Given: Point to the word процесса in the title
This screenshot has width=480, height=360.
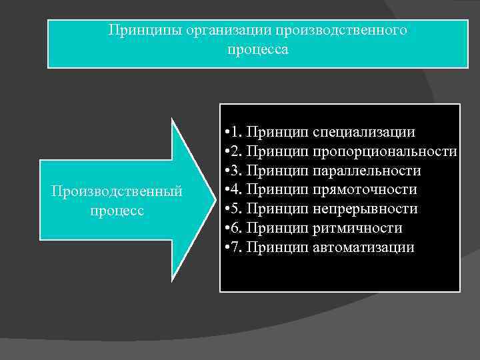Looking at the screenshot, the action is pyautogui.click(x=258, y=50).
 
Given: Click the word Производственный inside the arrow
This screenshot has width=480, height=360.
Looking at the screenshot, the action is pyautogui.click(x=117, y=191).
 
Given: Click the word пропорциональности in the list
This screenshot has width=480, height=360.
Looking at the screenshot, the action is pyautogui.click(x=384, y=151).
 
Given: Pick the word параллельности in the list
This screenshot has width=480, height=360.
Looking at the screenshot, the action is pyautogui.click(x=367, y=171).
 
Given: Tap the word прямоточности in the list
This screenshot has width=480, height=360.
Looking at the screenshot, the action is pyautogui.click(x=365, y=190).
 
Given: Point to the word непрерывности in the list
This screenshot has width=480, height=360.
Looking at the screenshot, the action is pyautogui.click(x=365, y=209).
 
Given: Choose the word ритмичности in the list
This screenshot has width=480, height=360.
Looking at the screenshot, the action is pyautogui.click(x=357, y=229).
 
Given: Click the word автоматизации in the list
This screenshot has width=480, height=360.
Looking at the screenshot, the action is pyautogui.click(x=363, y=248).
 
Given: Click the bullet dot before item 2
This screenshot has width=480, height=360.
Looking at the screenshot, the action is pyautogui.click(x=228, y=151).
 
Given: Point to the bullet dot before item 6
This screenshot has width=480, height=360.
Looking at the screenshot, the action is pyautogui.click(x=228, y=229).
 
